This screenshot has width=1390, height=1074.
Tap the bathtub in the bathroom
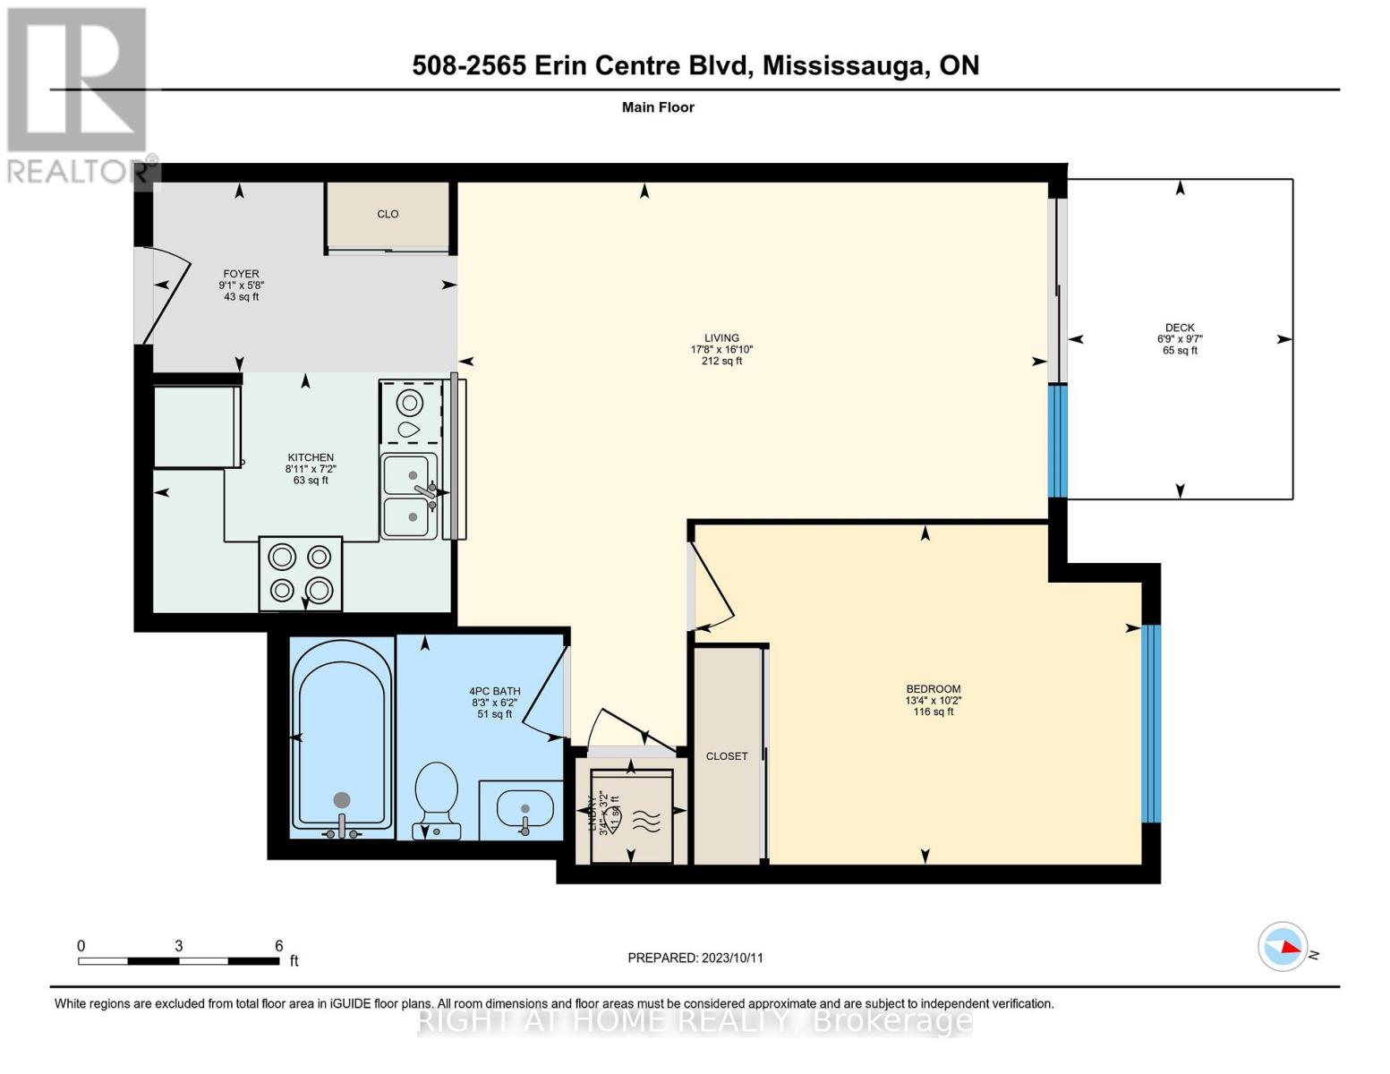click(x=341, y=737)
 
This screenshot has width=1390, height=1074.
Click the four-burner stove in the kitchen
click(x=301, y=573)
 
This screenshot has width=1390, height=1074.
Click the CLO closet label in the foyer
click(x=388, y=214)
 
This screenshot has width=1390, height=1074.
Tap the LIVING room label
click(x=721, y=338)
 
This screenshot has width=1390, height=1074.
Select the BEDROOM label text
click(x=933, y=689)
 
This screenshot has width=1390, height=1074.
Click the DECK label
click(x=1180, y=328)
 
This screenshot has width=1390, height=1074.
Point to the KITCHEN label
click(x=311, y=457)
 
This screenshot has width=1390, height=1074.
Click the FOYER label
click(x=241, y=274)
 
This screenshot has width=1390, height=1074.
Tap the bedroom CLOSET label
click(x=726, y=756)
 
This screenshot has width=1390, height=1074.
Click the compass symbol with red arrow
click(x=1283, y=946)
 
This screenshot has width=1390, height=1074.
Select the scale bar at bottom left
click(x=178, y=961)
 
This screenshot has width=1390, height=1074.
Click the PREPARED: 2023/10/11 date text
click(x=695, y=958)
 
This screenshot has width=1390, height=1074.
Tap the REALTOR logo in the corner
click(x=77, y=94)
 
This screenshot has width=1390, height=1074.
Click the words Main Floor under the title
click(x=658, y=107)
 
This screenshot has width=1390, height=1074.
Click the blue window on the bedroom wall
click(x=1151, y=723)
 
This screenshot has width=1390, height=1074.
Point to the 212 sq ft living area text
click(x=721, y=362)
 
